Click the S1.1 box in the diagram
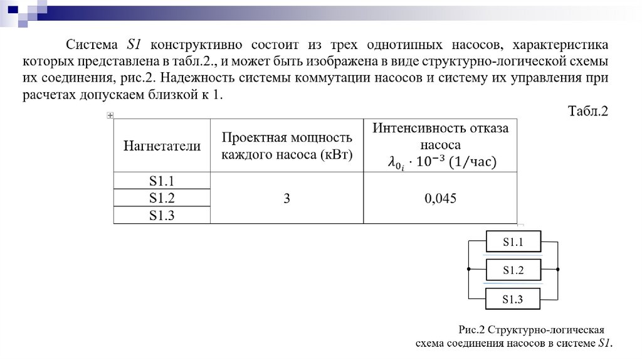click(512, 241)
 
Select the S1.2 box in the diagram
click(512, 270)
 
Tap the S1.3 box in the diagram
click(512, 299)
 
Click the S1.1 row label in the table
click(161, 181)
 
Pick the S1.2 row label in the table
click(161, 198)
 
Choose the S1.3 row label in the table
click(161, 215)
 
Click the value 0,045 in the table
click(440, 198)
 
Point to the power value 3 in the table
click(287, 198)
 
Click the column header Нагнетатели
click(162, 146)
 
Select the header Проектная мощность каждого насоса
click(287, 146)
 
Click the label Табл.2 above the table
click(588, 112)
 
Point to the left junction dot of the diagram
click(468, 269)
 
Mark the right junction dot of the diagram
click(558, 269)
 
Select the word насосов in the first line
click(476, 46)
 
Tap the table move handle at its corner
click(110, 115)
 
